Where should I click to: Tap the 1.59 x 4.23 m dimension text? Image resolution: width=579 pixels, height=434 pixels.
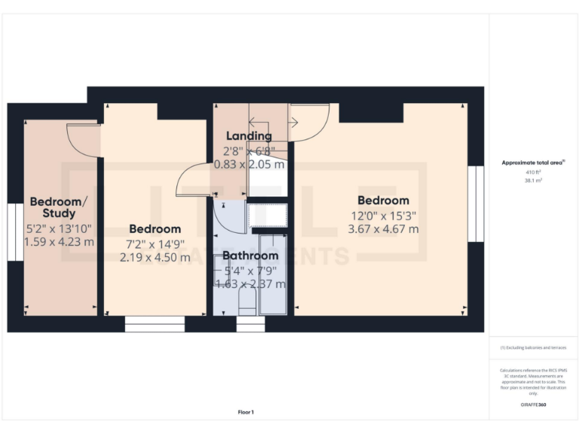[x=60, y=242]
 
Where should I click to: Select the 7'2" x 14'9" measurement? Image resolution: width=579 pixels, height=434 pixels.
[x=155, y=243]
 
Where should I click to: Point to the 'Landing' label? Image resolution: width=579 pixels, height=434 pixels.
[x=250, y=136]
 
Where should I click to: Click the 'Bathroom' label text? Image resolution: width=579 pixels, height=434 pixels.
[x=250, y=256]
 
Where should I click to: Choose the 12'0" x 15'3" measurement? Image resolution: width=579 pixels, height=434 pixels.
[x=383, y=215]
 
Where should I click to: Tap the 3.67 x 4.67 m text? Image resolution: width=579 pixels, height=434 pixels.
[x=383, y=228]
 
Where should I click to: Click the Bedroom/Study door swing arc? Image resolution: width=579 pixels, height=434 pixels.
[x=83, y=140]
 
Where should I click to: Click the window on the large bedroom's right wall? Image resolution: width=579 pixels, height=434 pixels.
[x=475, y=204]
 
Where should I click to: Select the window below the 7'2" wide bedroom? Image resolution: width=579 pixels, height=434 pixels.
[x=155, y=324]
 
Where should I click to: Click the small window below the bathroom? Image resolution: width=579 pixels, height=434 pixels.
[x=251, y=324]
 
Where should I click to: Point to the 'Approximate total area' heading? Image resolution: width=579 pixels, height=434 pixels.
[x=532, y=163]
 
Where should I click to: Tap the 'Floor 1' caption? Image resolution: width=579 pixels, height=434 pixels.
[x=246, y=412]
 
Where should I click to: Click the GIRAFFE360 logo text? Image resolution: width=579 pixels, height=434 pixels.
[x=532, y=404]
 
